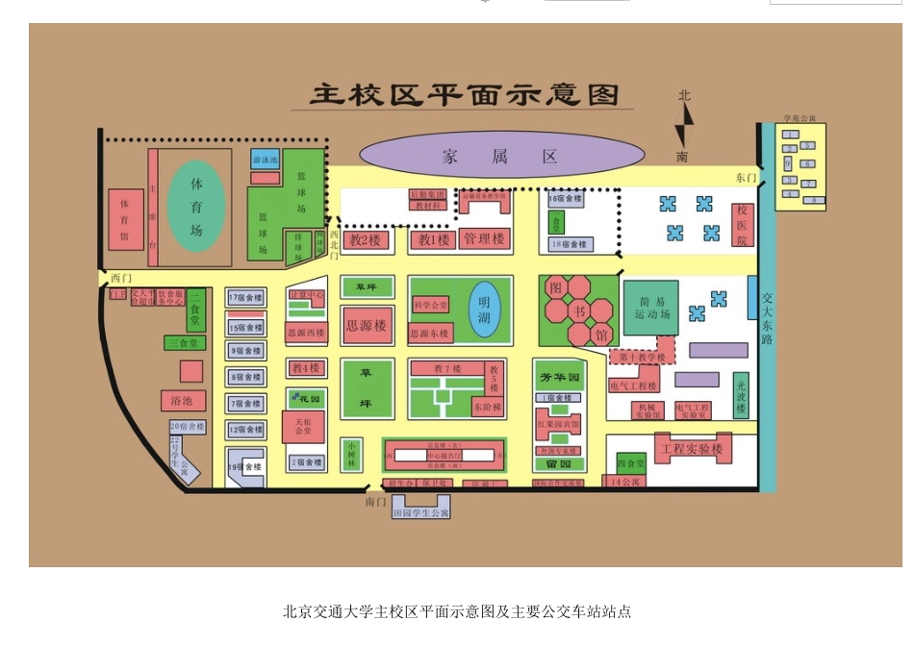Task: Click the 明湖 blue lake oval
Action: pos(485,309)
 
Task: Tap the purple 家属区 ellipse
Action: pos(501,156)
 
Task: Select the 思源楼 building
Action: pos(366,326)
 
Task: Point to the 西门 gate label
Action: pos(118,278)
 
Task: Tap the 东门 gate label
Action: pos(746,178)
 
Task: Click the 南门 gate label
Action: pos(375,502)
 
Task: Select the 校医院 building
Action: pos(742,225)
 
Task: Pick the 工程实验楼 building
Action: pos(691,449)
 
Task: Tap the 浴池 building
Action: pos(182,400)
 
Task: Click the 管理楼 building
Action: pos(484,239)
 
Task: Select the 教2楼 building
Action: pos(366,239)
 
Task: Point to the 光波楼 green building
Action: pos(741,395)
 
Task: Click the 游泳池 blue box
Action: pos(266,160)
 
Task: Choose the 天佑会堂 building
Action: pos(303,427)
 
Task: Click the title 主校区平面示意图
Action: pos(465,96)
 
